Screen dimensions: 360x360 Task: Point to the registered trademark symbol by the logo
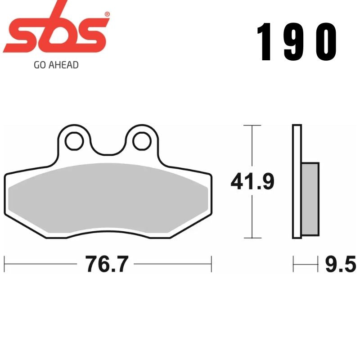click(107, 14)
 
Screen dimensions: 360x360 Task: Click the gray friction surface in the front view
click(108, 198)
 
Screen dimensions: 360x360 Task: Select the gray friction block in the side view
click(310, 198)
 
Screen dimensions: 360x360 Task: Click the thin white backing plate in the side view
click(297, 180)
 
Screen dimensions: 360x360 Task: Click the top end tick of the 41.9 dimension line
click(252, 125)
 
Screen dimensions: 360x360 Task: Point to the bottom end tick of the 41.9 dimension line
click(252, 238)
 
